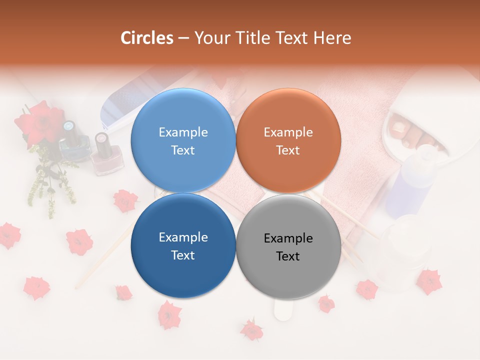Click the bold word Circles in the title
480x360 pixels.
click(146, 38)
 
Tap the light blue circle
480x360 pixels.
click(183, 140)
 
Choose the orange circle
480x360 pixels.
click(288, 140)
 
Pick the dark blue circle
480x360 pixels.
click(183, 246)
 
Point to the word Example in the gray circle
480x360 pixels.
click(288, 238)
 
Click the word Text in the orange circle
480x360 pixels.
click(288, 150)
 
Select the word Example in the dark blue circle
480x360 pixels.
click(183, 237)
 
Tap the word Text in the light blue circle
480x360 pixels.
click(183, 150)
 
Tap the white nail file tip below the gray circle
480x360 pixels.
click(283, 310)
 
